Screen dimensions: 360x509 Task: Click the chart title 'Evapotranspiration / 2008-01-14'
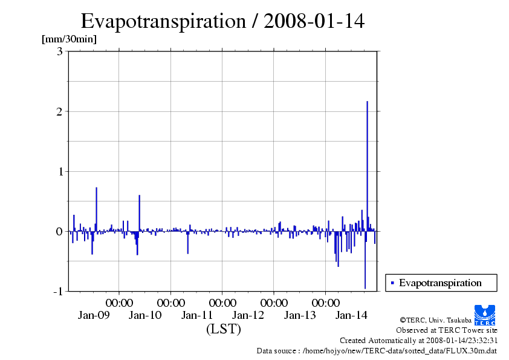coord(222,21)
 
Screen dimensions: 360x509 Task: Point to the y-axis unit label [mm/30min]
coord(69,39)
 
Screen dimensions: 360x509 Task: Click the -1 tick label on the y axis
coord(57,291)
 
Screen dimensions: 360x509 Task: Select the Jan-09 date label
coord(94,315)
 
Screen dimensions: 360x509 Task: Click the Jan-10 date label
coord(145,315)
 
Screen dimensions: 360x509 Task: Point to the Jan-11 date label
coord(197,315)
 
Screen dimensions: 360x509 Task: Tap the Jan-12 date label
coord(248,315)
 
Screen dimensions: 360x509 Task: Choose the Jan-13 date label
coord(300,315)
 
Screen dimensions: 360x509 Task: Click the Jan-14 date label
coord(351,315)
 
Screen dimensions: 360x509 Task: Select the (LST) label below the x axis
coord(223,330)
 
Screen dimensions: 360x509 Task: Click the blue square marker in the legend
coord(392,283)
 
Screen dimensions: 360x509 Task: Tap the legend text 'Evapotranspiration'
coord(440,283)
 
